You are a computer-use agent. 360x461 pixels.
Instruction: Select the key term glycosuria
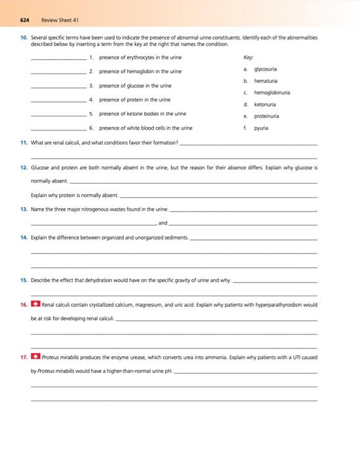(265, 69)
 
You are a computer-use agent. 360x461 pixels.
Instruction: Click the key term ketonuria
(265, 104)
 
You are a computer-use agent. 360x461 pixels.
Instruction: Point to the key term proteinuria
(267, 116)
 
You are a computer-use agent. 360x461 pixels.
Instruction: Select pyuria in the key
(262, 128)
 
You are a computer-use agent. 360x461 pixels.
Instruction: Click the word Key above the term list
(247, 57)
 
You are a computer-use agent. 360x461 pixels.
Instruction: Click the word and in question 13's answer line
(163, 223)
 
